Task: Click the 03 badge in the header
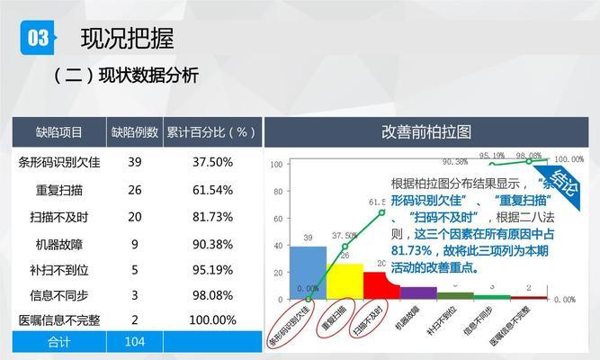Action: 39,37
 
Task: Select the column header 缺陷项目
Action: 59,132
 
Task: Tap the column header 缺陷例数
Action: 135,132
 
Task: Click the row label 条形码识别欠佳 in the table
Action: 59,163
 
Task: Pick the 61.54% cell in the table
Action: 212,190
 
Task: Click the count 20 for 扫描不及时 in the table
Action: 135,217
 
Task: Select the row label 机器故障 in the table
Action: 59,244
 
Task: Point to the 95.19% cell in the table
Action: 212,269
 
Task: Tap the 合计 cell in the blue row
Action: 59,342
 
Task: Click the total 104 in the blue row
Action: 135,342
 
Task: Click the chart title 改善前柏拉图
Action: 426,132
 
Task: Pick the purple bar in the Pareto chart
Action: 418,292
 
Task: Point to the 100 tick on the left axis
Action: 277,164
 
